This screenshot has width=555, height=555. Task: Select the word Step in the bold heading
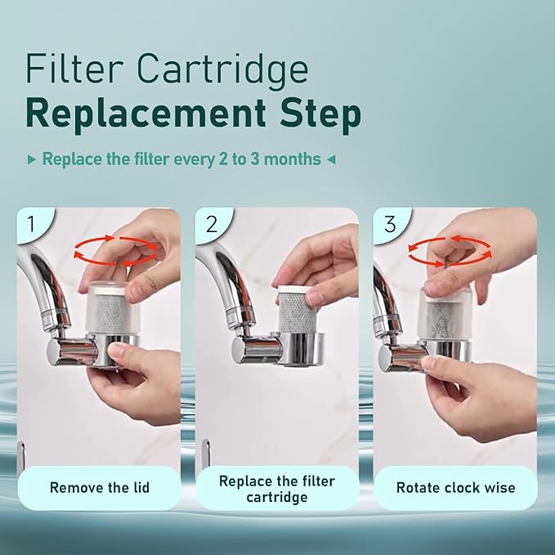[319, 115]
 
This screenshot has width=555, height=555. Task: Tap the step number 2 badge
[211, 223]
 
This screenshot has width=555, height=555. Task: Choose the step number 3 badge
[389, 223]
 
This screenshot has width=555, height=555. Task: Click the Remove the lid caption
[99, 488]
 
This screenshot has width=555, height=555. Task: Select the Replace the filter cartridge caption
[276, 488]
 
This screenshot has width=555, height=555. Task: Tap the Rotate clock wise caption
[455, 488]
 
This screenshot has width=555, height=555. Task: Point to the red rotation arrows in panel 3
[450, 250]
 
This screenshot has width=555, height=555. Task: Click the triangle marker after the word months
[331, 159]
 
